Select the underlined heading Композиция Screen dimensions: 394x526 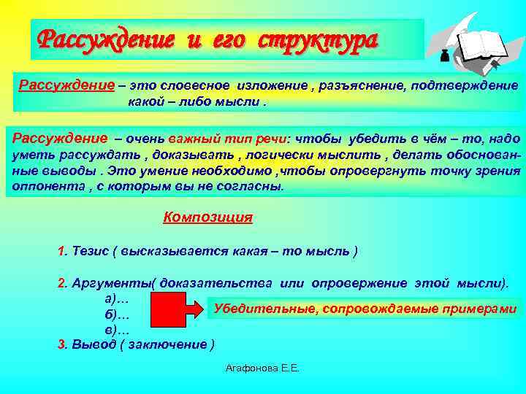[x=208, y=217]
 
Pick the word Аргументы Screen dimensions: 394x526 [x=109, y=283]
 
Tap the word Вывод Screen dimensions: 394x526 [x=93, y=344]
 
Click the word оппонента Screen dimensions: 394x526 [x=45, y=187]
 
